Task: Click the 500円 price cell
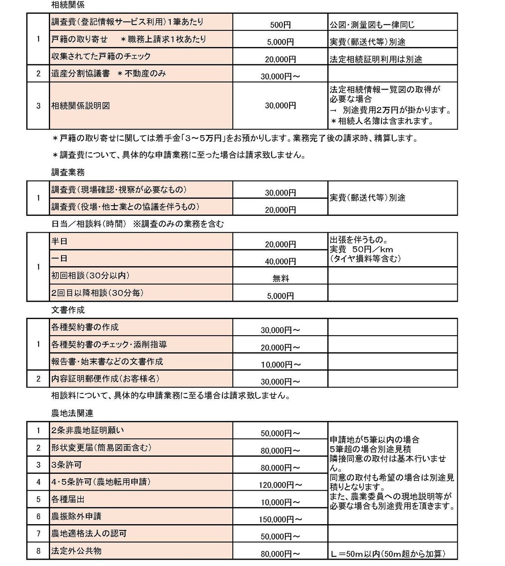pyautogui.click(x=280, y=25)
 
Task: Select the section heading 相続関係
pyautogui.click(x=68, y=5)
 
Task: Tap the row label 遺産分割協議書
pyautogui.click(x=80, y=73)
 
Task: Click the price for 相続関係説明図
pyautogui.click(x=280, y=106)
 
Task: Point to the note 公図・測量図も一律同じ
pyautogui.click(x=372, y=25)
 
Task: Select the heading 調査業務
pyautogui.click(x=68, y=172)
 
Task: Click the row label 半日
pyautogui.click(x=59, y=241)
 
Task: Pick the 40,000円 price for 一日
pyautogui.click(x=280, y=262)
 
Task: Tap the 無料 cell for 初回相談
pyautogui.click(x=281, y=278)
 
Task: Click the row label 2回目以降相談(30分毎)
pyautogui.click(x=97, y=293)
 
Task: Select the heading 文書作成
pyautogui.click(x=68, y=310)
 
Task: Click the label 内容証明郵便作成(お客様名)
pyautogui.click(x=105, y=379)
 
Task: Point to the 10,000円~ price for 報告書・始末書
pyautogui.click(x=280, y=364)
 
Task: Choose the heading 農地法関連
pyautogui.click(x=72, y=413)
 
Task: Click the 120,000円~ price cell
pyautogui.click(x=280, y=485)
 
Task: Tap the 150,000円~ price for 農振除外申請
pyautogui.click(x=280, y=519)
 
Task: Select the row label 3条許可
pyautogui.click(x=66, y=465)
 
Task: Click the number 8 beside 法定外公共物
pyautogui.click(x=38, y=551)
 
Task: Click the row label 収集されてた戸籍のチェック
pyautogui.click(x=101, y=56)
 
